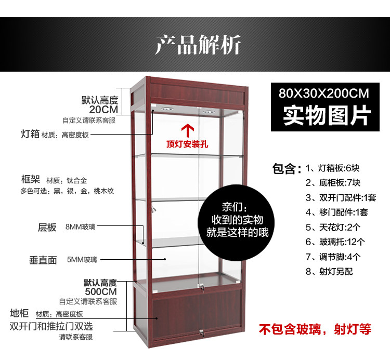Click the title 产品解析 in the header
point(198,45)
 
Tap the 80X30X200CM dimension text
point(323,94)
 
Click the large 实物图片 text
point(323,116)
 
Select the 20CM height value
point(103,110)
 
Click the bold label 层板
point(47,227)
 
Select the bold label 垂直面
point(43,260)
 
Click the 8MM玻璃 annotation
point(81,227)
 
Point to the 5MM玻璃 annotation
point(82,259)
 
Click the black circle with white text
point(237,220)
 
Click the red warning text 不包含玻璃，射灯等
point(315,329)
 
